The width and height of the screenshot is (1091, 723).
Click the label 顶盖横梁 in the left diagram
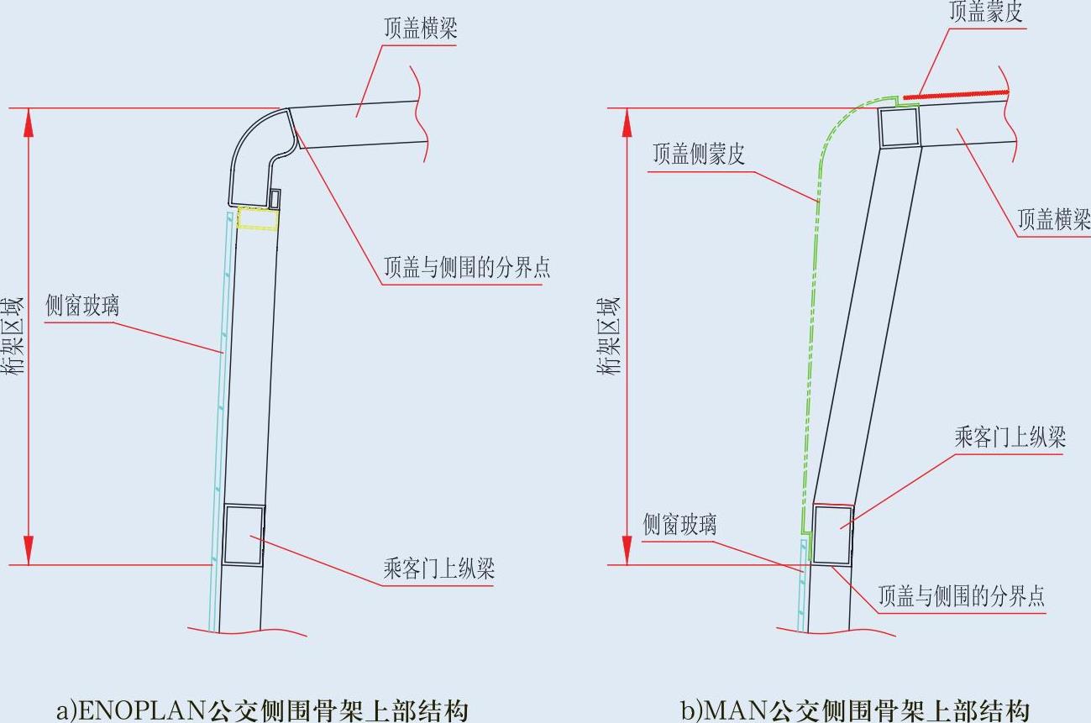tap(420, 29)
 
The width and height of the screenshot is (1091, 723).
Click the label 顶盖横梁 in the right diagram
tap(1053, 219)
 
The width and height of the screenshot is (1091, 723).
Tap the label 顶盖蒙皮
tap(986, 12)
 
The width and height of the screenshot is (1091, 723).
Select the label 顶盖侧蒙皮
tap(699, 155)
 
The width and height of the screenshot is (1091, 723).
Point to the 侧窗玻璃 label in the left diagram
tap(81, 306)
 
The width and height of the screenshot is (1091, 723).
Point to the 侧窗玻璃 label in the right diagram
tap(679, 525)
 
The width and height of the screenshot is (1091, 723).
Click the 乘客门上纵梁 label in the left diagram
tap(439, 568)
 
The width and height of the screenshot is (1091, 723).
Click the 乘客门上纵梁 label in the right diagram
tap(1010, 437)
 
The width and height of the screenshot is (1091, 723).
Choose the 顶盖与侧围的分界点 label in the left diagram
tap(467, 268)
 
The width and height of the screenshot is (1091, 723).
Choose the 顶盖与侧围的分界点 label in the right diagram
tap(962, 596)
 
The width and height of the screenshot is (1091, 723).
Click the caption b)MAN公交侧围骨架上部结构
tap(855, 710)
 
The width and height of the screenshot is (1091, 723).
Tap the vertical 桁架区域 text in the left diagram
tap(14, 336)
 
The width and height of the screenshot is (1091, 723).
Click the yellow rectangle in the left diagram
tap(258, 218)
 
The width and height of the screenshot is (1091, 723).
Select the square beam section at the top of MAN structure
tap(900, 128)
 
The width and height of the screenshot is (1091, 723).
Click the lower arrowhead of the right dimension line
tap(626, 550)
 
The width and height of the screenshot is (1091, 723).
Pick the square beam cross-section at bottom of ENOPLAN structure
tap(244, 535)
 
